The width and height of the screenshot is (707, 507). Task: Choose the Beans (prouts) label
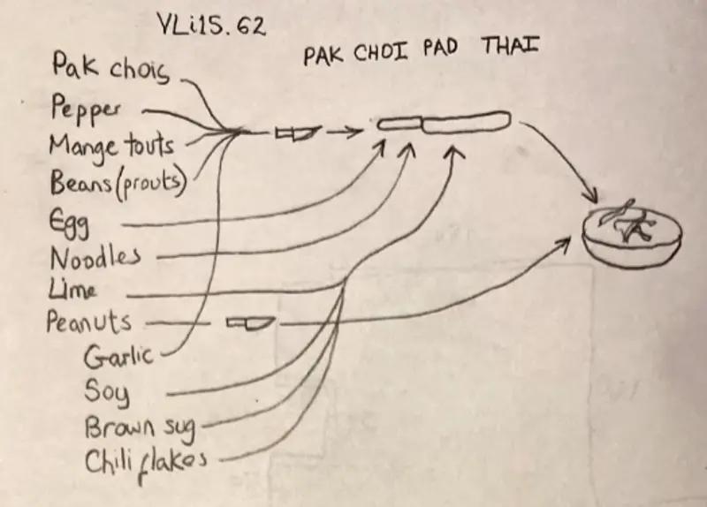[x=118, y=183]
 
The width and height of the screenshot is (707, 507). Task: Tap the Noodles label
[x=95, y=258]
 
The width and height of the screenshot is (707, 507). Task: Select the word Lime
[x=74, y=291]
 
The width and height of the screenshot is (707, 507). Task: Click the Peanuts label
[x=89, y=322]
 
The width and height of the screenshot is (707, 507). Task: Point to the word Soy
[x=106, y=390]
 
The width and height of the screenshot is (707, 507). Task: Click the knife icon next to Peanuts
[x=249, y=323]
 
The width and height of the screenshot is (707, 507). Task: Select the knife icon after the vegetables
[x=296, y=133]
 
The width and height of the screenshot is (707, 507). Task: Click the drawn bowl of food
[x=631, y=234]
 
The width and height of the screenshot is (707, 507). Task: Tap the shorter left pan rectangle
[x=400, y=125]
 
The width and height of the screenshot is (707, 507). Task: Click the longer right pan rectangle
[x=466, y=123]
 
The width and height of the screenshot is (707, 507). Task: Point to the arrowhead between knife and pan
[x=352, y=133]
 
